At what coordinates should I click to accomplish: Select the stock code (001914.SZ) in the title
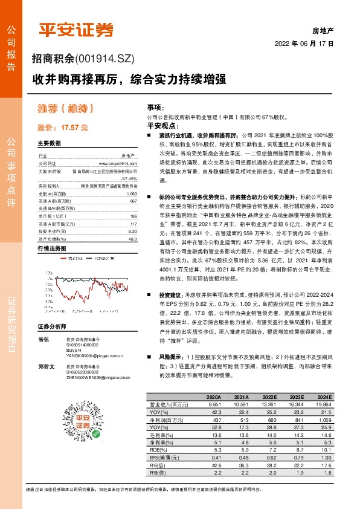tap(109, 59)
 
